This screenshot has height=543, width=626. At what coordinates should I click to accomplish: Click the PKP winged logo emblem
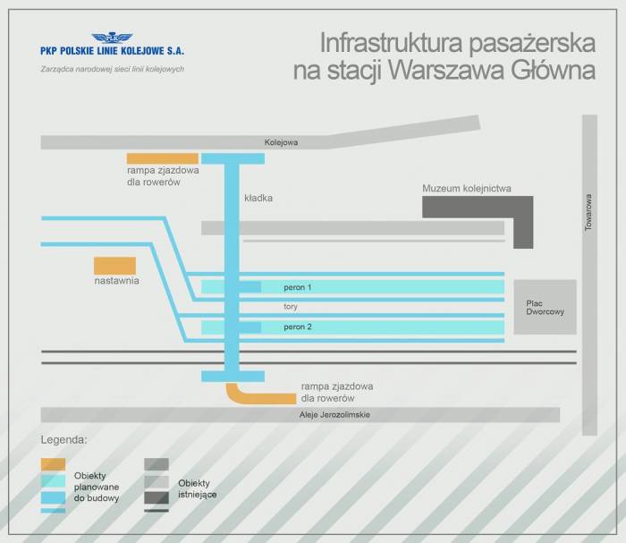[x=112, y=38]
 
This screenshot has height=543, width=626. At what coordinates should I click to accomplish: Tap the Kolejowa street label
[x=281, y=142]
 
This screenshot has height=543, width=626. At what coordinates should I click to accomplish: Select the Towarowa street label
[x=588, y=212]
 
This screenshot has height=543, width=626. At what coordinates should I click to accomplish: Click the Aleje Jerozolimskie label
[x=334, y=415]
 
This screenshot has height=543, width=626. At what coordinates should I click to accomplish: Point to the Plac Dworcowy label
[x=545, y=308]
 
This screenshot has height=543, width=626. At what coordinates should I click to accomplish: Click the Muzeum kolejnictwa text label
[x=467, y=189]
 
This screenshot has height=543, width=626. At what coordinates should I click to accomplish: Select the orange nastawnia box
[x=115, y=266]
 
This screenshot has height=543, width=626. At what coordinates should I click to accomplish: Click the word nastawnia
[x=116, y=281]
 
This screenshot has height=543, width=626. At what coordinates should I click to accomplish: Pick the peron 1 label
[x=298, y=287]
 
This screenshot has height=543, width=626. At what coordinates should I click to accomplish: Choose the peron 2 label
[x=298, y=327]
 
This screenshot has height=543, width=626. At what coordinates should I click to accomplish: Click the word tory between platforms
[x=291, y=307]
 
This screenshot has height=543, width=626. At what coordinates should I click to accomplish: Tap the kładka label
[x=258, y=198]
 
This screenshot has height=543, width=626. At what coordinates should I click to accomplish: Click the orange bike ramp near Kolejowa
[x=163, y=158]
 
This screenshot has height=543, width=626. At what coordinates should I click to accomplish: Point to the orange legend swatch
[x=53, y=464]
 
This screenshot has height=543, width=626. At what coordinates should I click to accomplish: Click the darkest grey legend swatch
[x=156, y=497]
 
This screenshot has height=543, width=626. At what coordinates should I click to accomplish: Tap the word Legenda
[x=63, y=440]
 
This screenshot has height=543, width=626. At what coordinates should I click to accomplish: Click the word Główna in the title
[x=553, y=71]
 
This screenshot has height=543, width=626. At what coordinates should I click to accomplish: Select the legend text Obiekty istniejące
[x=198, y=488]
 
